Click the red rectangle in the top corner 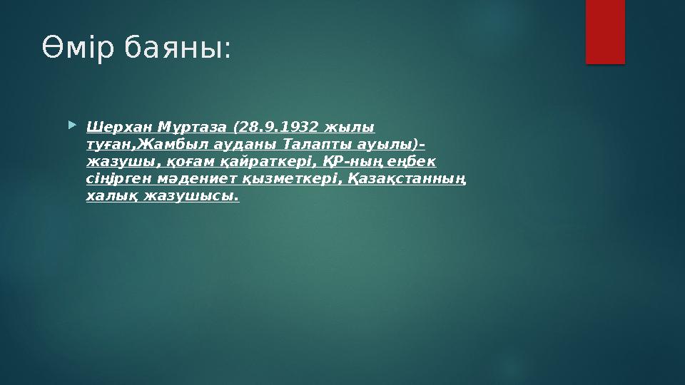point(605,32)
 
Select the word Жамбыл point(163,145)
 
